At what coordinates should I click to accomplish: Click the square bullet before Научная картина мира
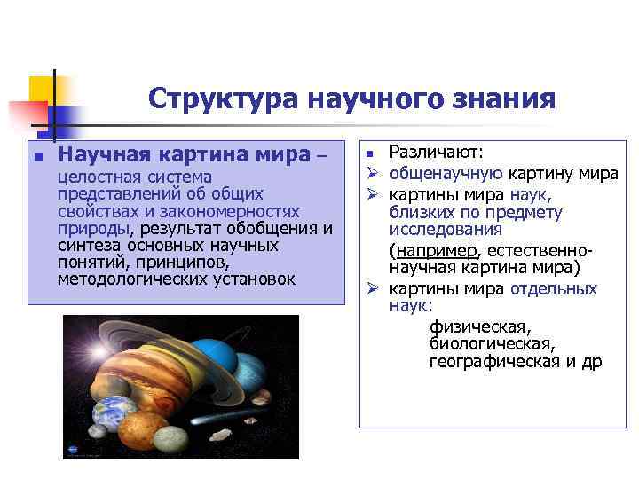(x=36, y=156)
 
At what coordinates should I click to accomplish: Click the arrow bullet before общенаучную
(x=374, y=174)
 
